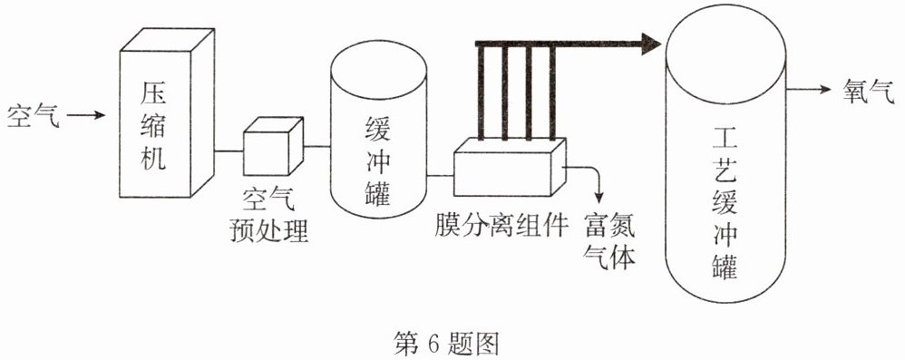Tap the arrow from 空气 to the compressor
pos(86,115)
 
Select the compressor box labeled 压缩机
pos(167,113)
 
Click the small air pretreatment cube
pos(273,146)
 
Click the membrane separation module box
pos(511,168)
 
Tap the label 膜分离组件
pos(501,224)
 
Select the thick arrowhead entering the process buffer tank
pos(651,44)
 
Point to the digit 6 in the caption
pos(434,345)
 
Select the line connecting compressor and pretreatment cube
pos(229,151)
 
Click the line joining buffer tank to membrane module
pos(441,175)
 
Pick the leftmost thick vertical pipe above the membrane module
pos(480,92)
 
